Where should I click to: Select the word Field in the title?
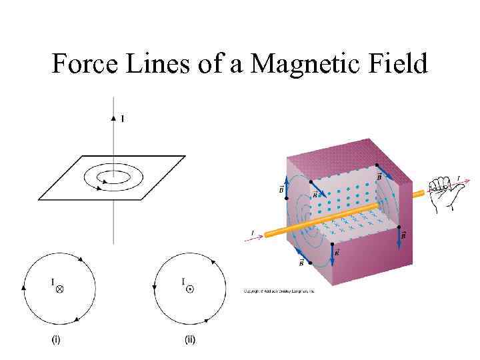point(395,64)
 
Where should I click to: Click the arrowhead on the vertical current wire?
point(113,117)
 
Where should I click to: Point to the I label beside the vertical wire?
point(122,119)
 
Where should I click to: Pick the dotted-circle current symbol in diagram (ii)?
point(190,289)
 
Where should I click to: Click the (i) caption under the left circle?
point(57,340)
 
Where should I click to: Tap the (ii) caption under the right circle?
point(190,340)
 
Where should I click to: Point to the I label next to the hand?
point(458,177)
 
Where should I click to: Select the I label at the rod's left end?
point(252,232)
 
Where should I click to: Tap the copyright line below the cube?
point(279,291)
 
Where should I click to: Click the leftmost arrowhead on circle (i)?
point(24,287)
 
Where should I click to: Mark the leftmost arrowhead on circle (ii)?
point(155,287)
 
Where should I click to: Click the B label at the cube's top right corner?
point(379,177)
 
